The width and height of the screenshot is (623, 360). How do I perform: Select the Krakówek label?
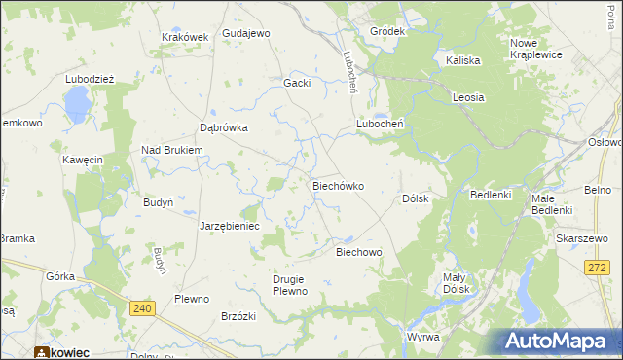pyautogui.click(x=185, y=37)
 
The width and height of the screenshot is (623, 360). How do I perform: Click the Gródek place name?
pyautogui.click(x=386, y=31)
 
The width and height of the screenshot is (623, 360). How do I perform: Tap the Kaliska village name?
pyautogui.click(x=463, y=60)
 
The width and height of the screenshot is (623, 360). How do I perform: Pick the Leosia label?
pyautogui.click(x=468, y=97)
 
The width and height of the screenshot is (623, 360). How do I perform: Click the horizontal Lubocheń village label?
pyautogui.click(x=380, y=125)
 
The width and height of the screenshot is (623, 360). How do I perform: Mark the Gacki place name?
pyautogui.click(x=297, y=83)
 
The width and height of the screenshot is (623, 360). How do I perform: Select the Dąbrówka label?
pyautogui.click(x=224, y=127)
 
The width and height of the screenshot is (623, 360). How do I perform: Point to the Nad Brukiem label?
pyautogui.click(x=171, y=150)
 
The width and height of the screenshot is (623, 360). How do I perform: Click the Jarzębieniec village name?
pyautogui.click(x=229, y=226)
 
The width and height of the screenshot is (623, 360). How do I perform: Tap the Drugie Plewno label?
pyautogui.click(x=290, y=285)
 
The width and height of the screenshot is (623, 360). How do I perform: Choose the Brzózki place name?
pyautogui.click(x=238, y=316)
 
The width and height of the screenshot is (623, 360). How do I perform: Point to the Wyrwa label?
pyautogui.click(x=423, y=337)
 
